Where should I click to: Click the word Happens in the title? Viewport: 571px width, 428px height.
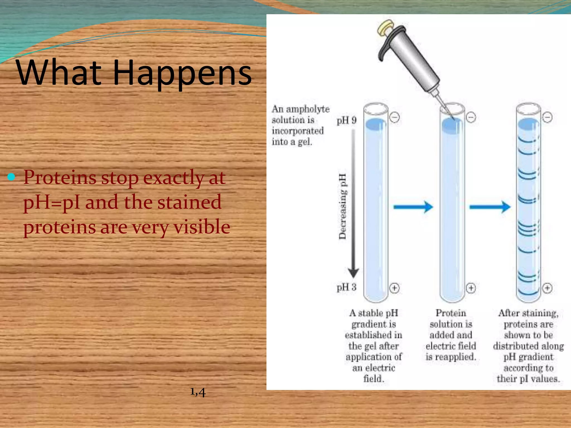tap(182, 73)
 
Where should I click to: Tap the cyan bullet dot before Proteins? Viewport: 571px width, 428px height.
tap(11, 177)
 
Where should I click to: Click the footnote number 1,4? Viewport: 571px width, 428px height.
tap(198, 392)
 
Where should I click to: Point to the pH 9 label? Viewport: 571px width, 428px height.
tap(346, 120)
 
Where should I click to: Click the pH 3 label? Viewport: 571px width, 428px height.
tap(346, 287)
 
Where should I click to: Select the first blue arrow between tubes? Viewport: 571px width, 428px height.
tap(413, 207)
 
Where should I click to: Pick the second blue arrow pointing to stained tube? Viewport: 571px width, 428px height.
tap(490, 207)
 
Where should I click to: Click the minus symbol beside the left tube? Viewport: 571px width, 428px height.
tap(395, 117)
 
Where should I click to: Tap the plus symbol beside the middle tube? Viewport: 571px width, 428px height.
tap(471, 288)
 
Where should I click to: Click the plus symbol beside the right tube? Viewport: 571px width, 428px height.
tap(547, 288)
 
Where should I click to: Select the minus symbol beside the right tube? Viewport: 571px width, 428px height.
tap(547, 117)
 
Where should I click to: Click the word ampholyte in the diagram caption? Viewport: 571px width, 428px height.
tap(308, 109)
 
